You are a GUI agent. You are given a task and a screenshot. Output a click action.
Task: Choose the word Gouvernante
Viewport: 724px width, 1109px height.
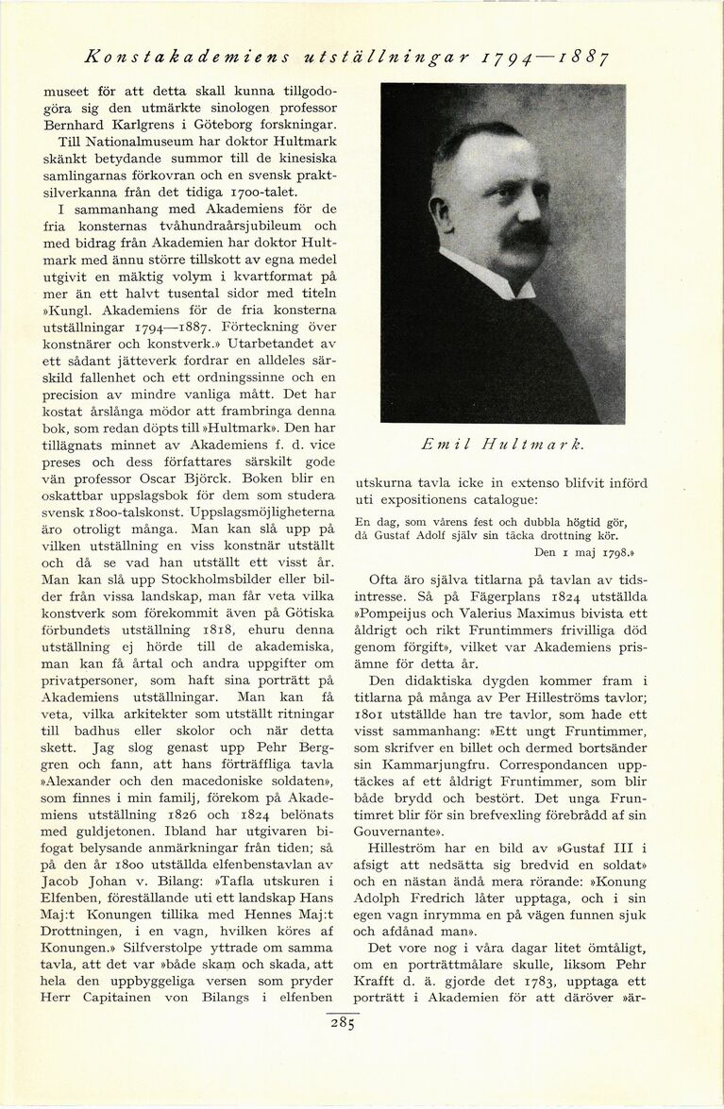tap(396, 833)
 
